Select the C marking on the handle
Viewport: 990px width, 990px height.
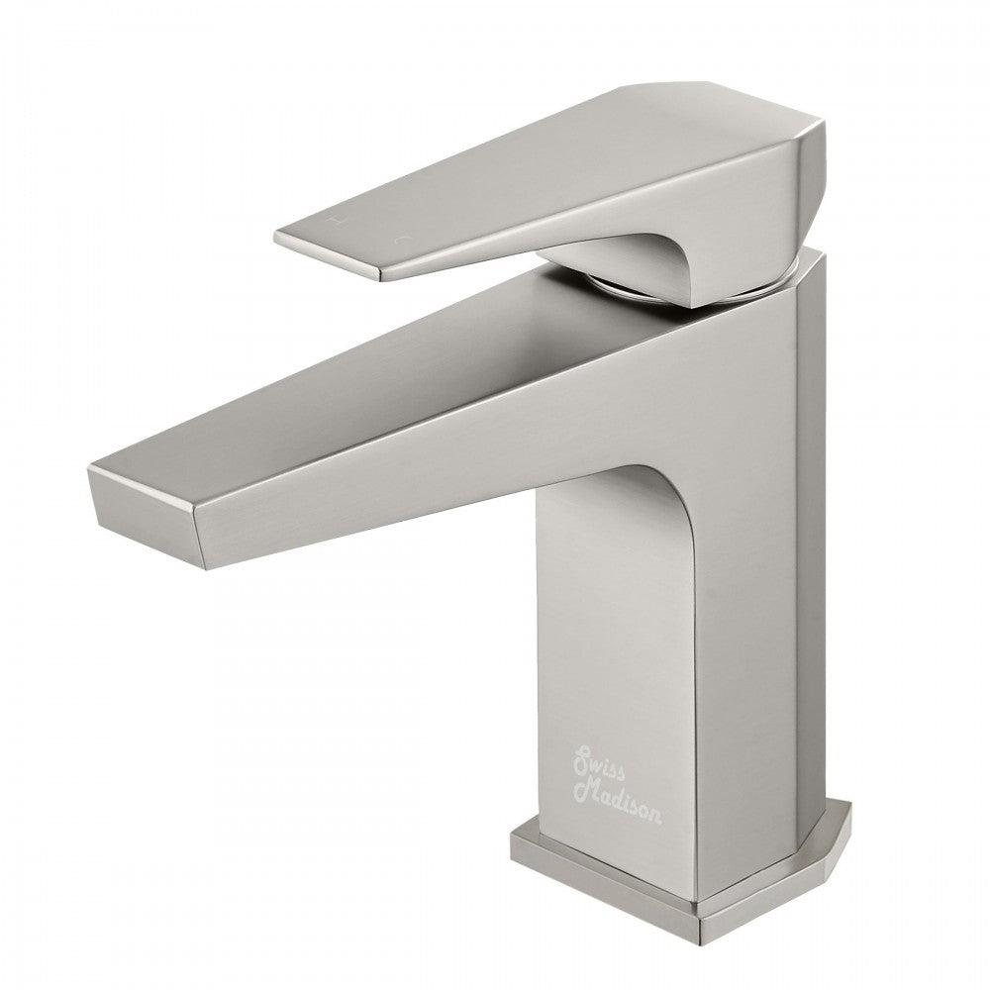tap(402, 238)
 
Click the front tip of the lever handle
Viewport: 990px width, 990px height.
tap(282, 238)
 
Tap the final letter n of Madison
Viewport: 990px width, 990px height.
tap(657, 818)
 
